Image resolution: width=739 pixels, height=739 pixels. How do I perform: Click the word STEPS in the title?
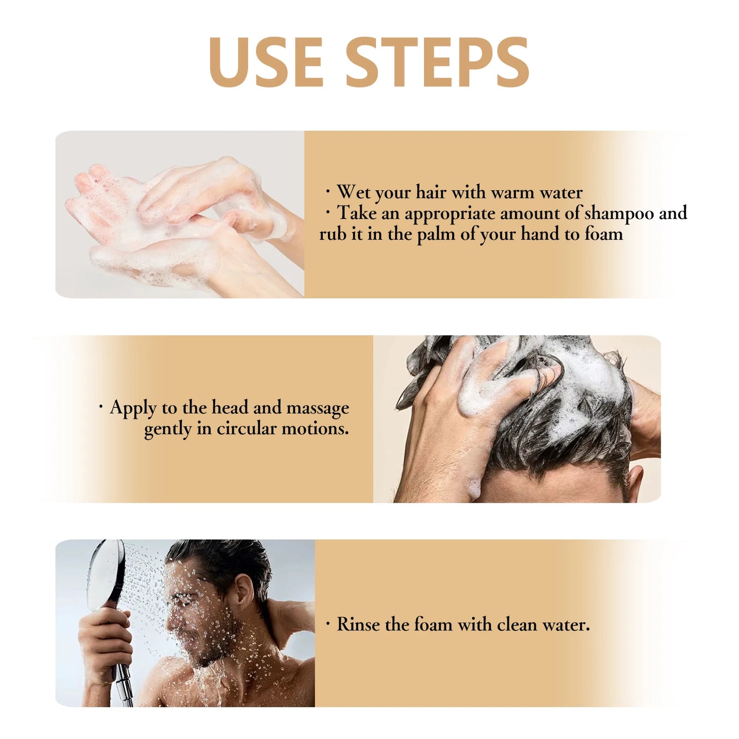(438, 62)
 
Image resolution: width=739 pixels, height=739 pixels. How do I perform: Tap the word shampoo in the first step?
(619, 213)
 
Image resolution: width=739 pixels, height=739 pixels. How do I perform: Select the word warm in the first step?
(512, 192)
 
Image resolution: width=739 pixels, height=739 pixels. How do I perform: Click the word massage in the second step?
(318, 408)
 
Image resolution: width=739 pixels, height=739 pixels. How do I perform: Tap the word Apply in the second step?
(133, 409)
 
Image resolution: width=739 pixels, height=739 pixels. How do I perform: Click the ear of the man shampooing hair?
(634, 481)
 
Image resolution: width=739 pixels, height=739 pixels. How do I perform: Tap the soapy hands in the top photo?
(179, 215)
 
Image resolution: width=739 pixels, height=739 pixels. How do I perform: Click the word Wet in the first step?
(353, 192)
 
